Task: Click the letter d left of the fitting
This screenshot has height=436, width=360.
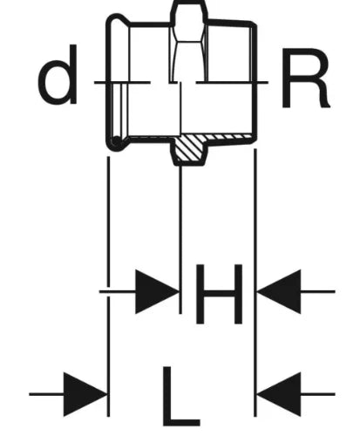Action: [58, 74]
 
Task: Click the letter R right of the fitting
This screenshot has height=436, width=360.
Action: [305, 78]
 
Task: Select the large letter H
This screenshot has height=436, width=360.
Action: [219, 294]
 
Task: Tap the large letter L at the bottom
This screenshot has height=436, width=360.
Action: [180, 396]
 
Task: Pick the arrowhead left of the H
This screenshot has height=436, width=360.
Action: [157, 291]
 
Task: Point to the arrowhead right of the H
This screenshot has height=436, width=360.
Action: [279, 291]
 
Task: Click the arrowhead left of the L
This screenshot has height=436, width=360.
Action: [85, 394]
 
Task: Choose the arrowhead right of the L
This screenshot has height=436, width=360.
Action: [279, 394]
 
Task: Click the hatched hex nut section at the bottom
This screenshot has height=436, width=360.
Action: [189, 149]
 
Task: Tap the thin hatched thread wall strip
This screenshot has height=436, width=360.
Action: [229, 136]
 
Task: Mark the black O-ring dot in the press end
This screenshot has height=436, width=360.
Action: [116, 140]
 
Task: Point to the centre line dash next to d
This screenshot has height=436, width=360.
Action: [122, 83]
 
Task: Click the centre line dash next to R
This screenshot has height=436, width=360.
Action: [232, 83]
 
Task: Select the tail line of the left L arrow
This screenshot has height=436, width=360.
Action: [46, 394]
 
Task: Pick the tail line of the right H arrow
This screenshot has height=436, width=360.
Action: [318, 291]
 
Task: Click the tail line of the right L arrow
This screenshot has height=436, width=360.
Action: [318, 394]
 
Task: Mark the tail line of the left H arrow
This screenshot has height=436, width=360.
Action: [118, 291]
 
